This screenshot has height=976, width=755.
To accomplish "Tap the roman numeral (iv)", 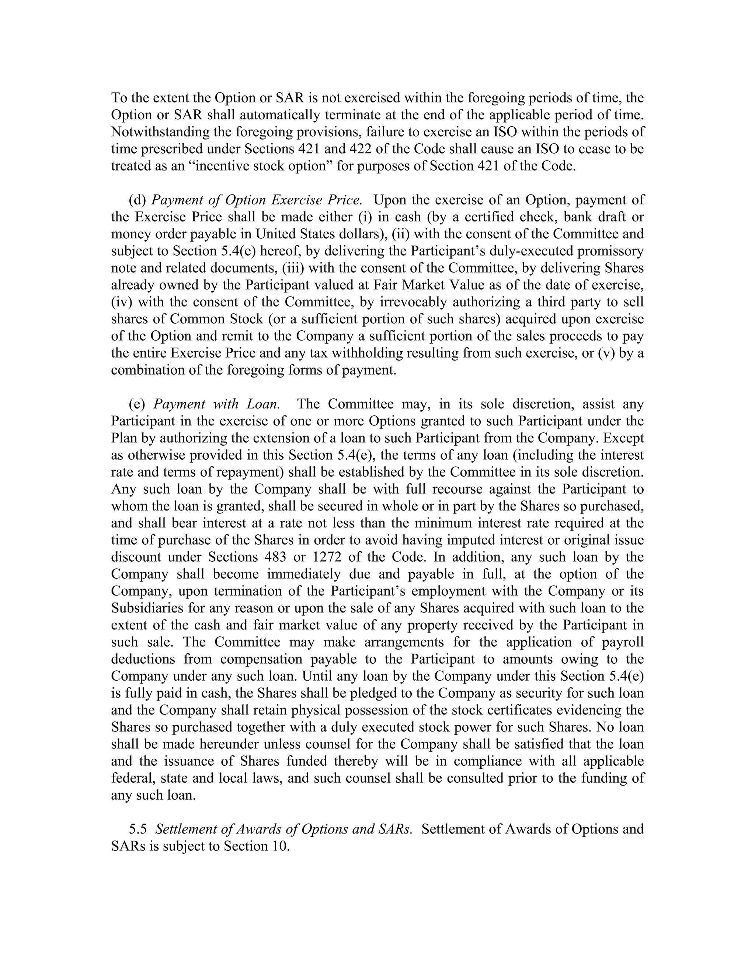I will pos(122,302).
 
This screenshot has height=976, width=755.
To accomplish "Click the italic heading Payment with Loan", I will pos(216,404).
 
